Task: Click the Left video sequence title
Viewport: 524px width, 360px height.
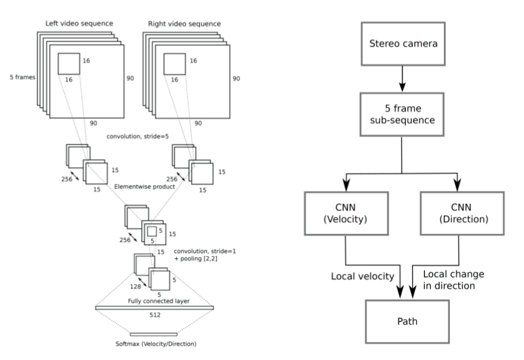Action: (79, 24)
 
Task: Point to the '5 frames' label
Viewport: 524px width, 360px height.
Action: (20, 77)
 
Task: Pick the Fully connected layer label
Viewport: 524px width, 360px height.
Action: (154, 301)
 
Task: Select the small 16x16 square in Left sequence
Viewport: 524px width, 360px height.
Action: (68, 64)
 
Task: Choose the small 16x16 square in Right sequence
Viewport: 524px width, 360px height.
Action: (174, 64)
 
